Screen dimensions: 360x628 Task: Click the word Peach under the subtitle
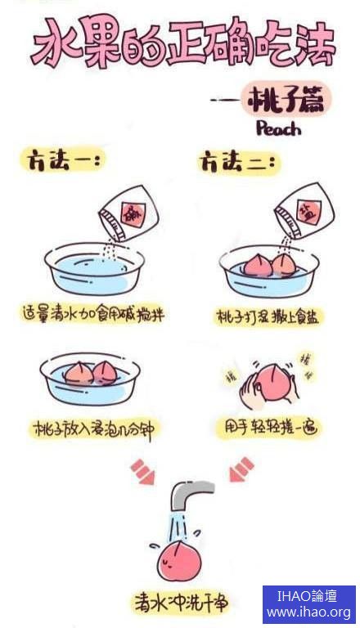[x=278, y=128]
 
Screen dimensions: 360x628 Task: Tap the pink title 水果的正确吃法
[x=182, y=43]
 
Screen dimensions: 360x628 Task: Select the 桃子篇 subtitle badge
[x=286, y=99]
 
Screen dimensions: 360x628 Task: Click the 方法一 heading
[x=61, y=160]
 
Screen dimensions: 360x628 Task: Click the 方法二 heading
[x=238, y=163]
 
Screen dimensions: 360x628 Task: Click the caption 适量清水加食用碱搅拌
[x=93, y=314]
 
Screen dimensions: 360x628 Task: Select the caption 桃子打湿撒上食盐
[x=268, y=316]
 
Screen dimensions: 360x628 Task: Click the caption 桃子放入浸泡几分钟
[x=93, y=428]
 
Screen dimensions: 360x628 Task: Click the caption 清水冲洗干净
[x=181, y=603]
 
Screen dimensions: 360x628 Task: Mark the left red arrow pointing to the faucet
[x=142, y=471]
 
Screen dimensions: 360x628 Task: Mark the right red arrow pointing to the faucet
[x=241, y=469]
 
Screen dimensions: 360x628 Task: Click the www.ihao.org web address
[x=308, y=612]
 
